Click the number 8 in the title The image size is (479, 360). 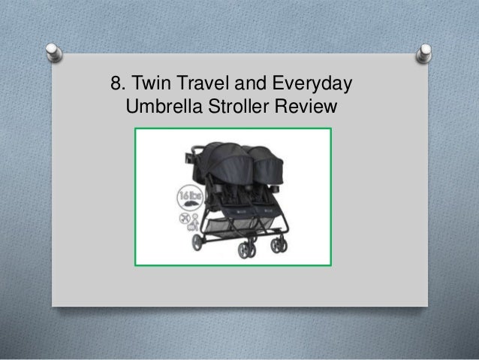coord(116,82)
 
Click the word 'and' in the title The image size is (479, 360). coord(247,82)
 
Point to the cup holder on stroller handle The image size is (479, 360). coord(184,159)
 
